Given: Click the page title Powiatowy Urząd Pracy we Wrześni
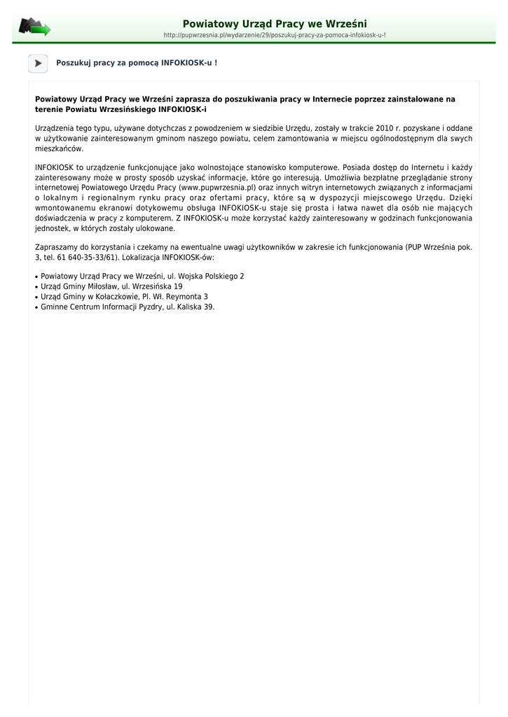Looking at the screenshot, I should click(x=275, y=24).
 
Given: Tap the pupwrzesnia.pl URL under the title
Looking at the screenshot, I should click(x=275, y=35).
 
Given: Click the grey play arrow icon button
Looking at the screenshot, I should click(x=38, y=63).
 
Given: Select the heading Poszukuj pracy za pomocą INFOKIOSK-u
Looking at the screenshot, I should click(x=137, y=63).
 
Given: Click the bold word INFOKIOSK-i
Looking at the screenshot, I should click(x=183, y=110).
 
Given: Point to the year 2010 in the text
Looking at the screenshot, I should click(x=385, y=128).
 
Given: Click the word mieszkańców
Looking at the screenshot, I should click(x=59, y=148).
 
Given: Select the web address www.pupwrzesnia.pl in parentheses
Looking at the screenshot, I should click(x=217, y=188).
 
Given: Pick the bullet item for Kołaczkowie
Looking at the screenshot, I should click(x=124, y=297).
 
